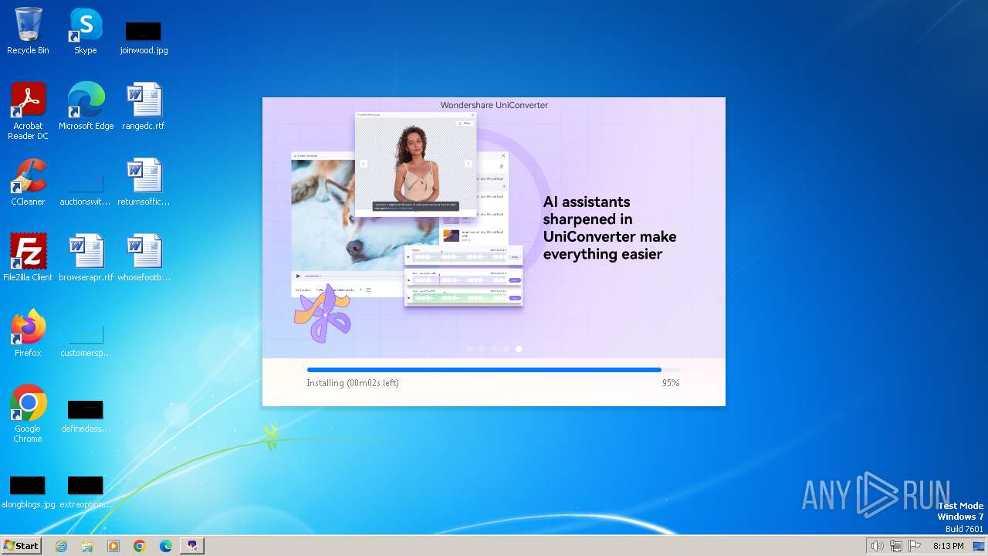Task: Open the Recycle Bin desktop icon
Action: (x=28, y=25)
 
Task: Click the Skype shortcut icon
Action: (x=86, y=25)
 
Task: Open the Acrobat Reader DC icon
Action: (x=28, y=100)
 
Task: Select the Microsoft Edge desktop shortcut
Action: (x=86, y=100)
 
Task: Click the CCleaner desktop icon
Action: (x=28, y=176)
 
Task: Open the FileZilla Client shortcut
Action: (x=28, y=252)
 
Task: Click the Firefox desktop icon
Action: (x=28, y=327)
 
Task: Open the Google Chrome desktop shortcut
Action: (x=28, y=403)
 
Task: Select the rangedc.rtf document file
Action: (x=144, y=100)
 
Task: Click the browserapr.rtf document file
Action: (x=86, y=252)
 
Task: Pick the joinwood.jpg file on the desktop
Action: (x=144, y=32)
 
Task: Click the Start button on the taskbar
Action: (x=22, y=546)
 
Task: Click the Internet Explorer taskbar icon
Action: (x=61, y=546)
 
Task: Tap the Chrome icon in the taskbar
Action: (x=140, y=546)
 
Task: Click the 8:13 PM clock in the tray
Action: (x=948, y=546)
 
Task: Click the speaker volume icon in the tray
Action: (x=877, y=546)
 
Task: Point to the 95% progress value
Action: (x=670, y=383)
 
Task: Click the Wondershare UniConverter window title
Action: (x=494, y=105)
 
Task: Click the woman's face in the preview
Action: (x=414, y=141)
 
